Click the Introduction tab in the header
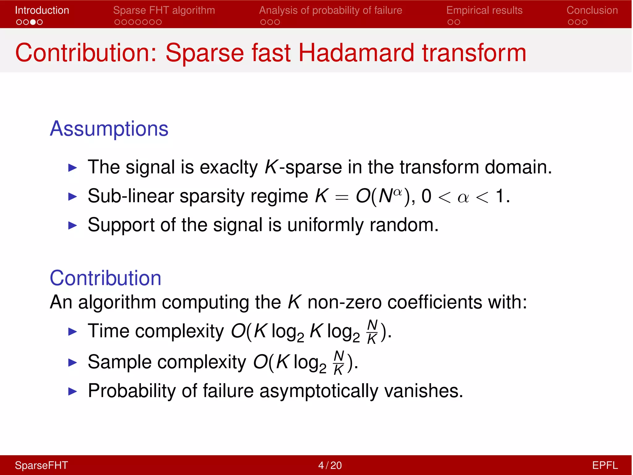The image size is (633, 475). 42,10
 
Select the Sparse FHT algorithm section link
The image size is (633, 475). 164,10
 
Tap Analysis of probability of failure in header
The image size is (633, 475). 330,10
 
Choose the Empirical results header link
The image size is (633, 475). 484,10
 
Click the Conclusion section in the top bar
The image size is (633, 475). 592,10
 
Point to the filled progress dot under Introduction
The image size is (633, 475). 33,22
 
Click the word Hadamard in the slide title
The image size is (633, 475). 356,53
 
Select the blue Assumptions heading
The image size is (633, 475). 109,129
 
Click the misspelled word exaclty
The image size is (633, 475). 229,167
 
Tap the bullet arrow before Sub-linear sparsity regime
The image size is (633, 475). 73,196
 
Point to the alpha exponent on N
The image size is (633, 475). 398,192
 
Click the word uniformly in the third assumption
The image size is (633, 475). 325,225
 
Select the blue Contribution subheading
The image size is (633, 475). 105,278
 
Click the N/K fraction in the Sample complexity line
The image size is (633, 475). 339,363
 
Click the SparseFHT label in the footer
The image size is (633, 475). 41,465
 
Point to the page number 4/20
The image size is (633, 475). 330,465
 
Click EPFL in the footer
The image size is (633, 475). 605,465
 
